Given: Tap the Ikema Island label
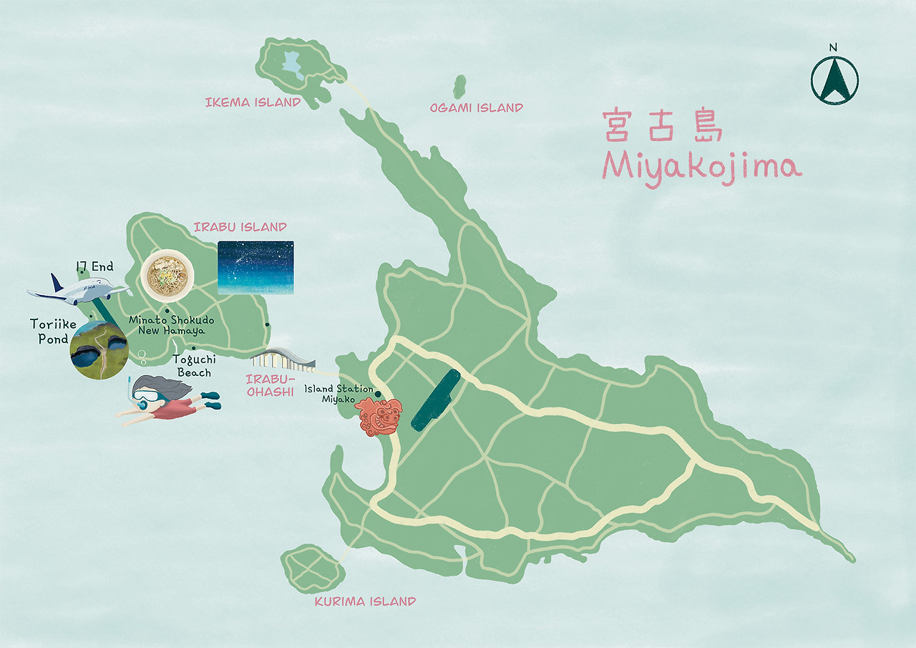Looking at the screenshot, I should click(253, 102).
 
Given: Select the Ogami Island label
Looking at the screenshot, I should click(476, 108).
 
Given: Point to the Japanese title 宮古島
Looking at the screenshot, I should click(663, 126).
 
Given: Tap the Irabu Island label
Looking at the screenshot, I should click(240, 227).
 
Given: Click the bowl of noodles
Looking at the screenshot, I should click(167, 274).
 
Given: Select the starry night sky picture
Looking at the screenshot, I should click(255, 267).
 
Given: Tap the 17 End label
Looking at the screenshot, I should click(94, 267).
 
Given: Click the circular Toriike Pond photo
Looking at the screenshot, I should click(100, 349).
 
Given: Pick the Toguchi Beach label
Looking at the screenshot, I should click(194, 367).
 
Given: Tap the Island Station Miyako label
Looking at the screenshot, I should click(338, 394).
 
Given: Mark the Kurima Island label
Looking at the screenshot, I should click(365, 601).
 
